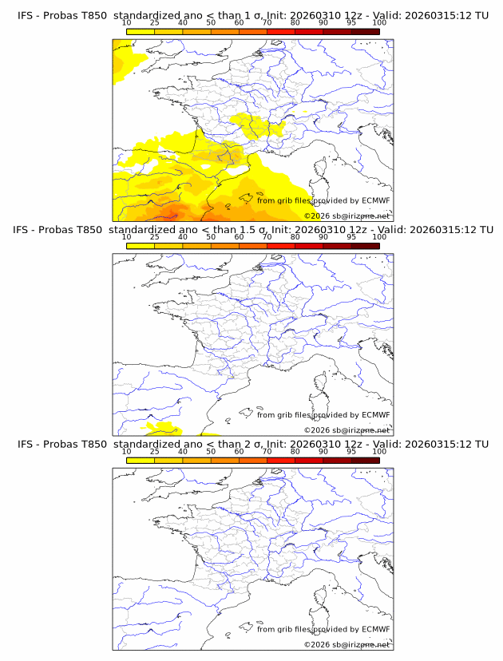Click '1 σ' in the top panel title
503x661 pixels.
coord(257,15)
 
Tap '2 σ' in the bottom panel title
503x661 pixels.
coord(257,444)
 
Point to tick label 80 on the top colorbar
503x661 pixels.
coord(295,23)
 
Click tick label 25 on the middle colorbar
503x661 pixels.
coord(155,237)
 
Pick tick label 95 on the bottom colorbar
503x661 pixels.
coord(351,452)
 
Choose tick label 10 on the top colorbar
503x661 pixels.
coord(127,23)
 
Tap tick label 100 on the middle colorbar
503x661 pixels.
coord(379,237)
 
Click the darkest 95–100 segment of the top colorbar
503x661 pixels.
coord(365,31)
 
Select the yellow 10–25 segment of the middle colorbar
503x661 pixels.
coord(141,246)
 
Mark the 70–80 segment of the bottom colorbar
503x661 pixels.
coord(281,460)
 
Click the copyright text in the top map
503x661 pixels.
coord(347,216)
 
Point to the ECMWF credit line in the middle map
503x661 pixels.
coord(323,415)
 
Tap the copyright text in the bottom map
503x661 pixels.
coord(347,644)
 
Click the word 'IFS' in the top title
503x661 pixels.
coord(27,15)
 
